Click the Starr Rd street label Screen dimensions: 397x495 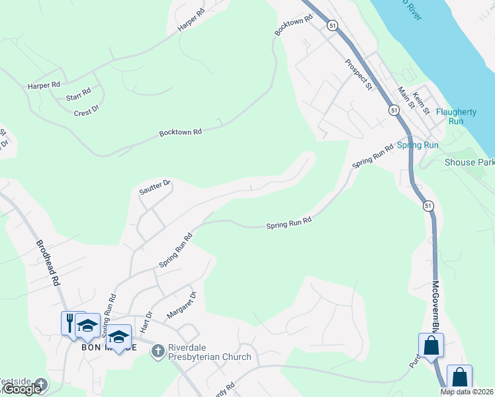pos(78,95)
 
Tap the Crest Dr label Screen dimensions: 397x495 pos(87,110)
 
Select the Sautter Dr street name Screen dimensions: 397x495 pos(155,187)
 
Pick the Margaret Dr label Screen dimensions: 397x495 pos(182,305)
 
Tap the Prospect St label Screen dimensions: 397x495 pos(358,74)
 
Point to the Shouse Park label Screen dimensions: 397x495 pos(469,162)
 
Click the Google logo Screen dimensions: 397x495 pos(22,389)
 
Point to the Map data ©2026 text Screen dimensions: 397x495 pos(467,392)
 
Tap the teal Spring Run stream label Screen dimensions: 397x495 pos(418,144)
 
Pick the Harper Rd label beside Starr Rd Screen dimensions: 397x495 pos(44,85)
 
